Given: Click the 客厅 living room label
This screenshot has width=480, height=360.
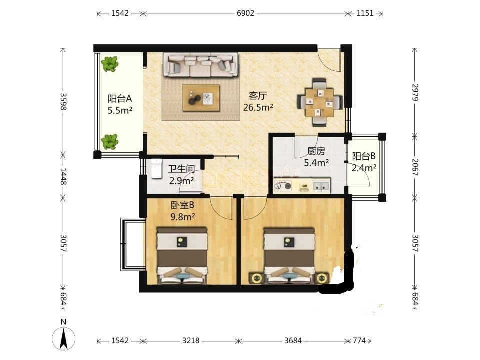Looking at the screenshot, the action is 258,96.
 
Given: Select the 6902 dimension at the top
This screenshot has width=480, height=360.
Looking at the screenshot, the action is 245,13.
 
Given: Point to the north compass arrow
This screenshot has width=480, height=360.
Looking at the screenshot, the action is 64,338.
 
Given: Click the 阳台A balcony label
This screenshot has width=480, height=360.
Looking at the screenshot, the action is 120,99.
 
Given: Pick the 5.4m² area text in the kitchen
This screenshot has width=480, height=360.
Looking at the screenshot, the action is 316,163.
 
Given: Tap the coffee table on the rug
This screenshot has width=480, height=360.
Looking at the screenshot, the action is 201,98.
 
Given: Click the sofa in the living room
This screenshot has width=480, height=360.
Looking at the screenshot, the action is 201,65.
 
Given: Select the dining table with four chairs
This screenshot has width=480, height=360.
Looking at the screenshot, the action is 320,102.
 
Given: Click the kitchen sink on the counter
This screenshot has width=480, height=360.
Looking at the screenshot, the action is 321,185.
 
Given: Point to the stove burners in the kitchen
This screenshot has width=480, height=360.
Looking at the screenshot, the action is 283,186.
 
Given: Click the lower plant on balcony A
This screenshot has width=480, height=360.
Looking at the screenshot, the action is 110,142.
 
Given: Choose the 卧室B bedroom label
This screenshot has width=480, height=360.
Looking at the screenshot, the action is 182,205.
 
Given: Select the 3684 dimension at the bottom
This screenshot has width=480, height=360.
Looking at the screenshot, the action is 293,340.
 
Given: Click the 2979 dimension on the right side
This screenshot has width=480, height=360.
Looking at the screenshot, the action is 415,92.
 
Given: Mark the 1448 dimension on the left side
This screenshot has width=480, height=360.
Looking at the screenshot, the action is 63,176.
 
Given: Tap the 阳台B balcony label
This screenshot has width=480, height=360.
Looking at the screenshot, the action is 364,156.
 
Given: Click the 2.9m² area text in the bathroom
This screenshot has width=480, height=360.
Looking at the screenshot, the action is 182,181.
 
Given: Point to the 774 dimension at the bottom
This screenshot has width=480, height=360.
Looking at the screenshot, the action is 359,340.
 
